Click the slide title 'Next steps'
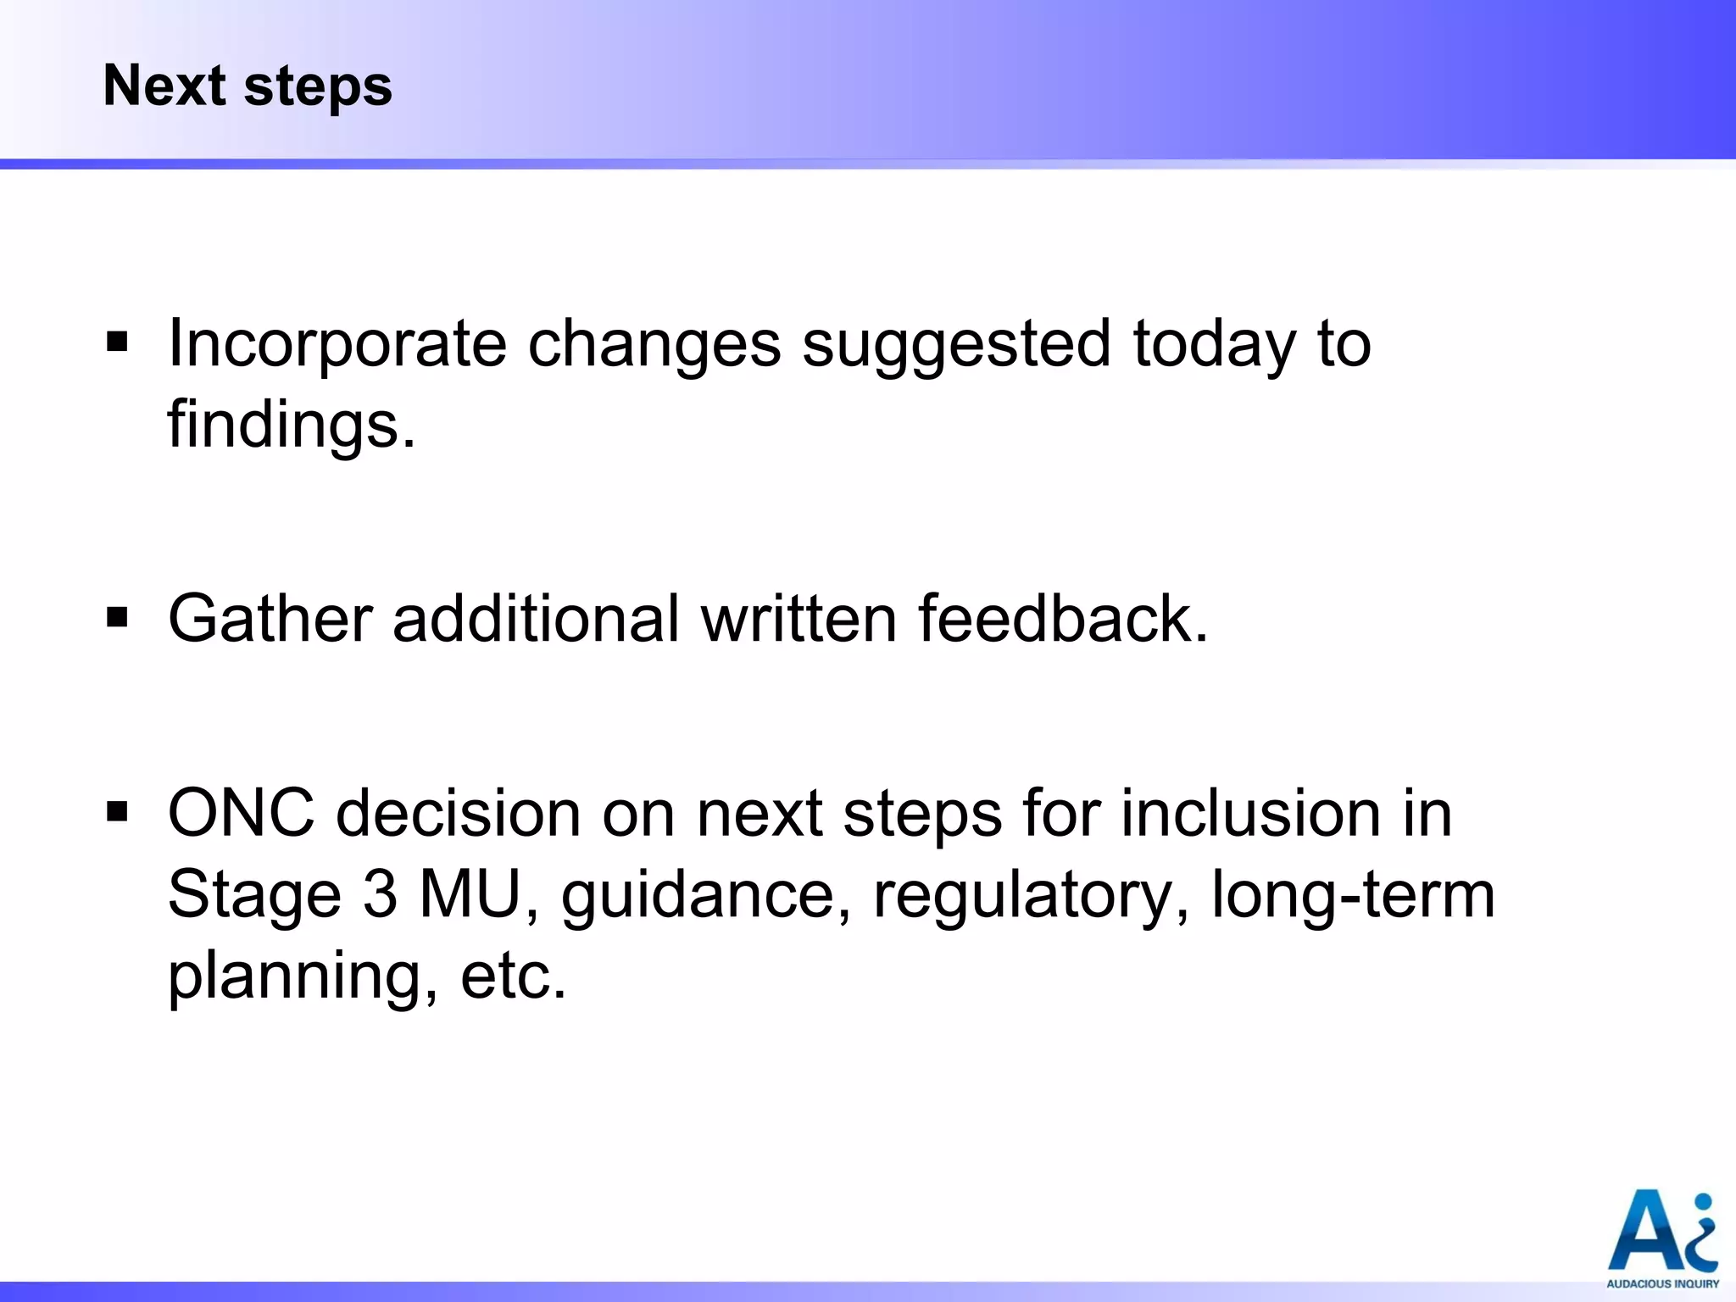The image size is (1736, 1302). pos(248,86)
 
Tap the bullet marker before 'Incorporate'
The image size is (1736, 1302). pos(118,343)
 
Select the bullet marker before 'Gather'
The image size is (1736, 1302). pos(118,618)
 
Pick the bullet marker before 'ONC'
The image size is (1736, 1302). pos(118,813)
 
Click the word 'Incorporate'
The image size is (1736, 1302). pos(337,344)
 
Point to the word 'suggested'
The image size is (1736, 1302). pos(956,344)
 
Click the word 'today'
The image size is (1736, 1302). pos(1215,344)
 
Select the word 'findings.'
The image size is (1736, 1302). pos(292,424)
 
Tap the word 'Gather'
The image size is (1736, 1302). pos(270,618)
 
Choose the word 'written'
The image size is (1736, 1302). pos(799,618)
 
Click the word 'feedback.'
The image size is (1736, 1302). pos(1064,618)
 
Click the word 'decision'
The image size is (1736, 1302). pos(459,813)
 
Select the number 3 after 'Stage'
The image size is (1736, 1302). pos(381,894)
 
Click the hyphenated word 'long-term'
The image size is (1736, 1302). pos(1353,894)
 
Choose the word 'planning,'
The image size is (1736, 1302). pos(303,977)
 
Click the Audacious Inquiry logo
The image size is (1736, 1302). pos(1662,1238)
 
